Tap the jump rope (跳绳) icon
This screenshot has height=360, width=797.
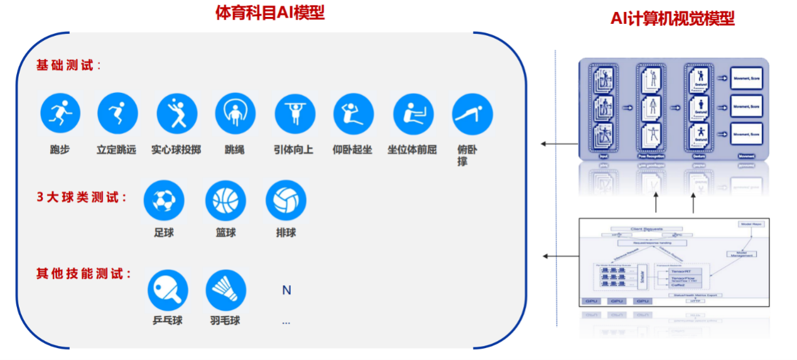coord(235,114)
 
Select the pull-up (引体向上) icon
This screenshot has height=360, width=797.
coord(295,114)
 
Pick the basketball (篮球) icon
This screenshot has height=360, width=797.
coord(225,201)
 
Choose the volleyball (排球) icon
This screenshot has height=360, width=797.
coord(286,201)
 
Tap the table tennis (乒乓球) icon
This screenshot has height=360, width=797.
coord(168,290)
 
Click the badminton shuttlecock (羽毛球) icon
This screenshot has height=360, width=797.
coord(225,290)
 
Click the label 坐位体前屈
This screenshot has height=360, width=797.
coord(412,150)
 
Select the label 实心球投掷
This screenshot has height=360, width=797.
coord(176,150)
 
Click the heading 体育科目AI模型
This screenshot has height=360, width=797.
coord(270,13)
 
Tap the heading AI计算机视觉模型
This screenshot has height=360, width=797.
coord(673,18)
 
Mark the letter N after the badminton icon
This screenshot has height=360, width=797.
coord(286,290)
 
